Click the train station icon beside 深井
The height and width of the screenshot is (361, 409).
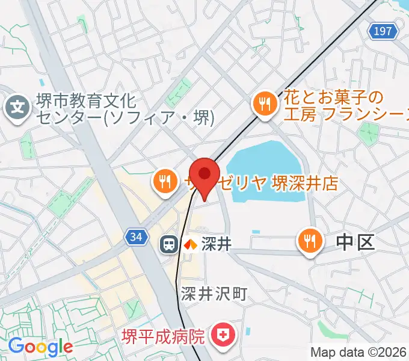[x=169, y=244]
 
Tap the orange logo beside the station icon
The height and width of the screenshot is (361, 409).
[x=190, y=244]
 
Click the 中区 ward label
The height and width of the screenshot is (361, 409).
[x=355, y=242]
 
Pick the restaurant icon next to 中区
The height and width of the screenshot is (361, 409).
[x=309, y=242]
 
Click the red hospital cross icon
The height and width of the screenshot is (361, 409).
[x=223, y=334]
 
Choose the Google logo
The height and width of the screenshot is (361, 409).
[x=40, y=346]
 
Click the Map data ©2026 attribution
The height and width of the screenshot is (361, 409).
[x=358, y=352]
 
